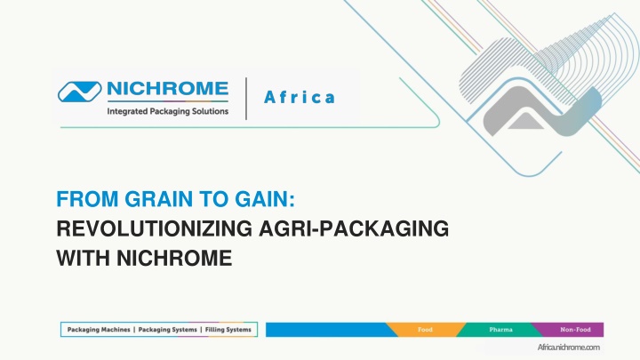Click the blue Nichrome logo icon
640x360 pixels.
80,92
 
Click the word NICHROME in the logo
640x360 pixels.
167,89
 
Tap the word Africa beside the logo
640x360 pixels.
300,97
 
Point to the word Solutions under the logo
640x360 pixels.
210,111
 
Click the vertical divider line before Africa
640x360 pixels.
246,99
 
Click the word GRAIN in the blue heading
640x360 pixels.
159,199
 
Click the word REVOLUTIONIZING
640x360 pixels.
155,228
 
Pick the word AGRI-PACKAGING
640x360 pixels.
354,228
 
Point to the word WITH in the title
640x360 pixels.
83,259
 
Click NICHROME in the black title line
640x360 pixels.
174,259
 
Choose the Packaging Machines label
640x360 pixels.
99,330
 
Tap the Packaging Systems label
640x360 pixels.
167,330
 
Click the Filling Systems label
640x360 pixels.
228,330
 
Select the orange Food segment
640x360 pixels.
425,330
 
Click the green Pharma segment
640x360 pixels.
500,330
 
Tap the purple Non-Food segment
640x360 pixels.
572,330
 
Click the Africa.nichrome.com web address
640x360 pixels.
569,348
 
